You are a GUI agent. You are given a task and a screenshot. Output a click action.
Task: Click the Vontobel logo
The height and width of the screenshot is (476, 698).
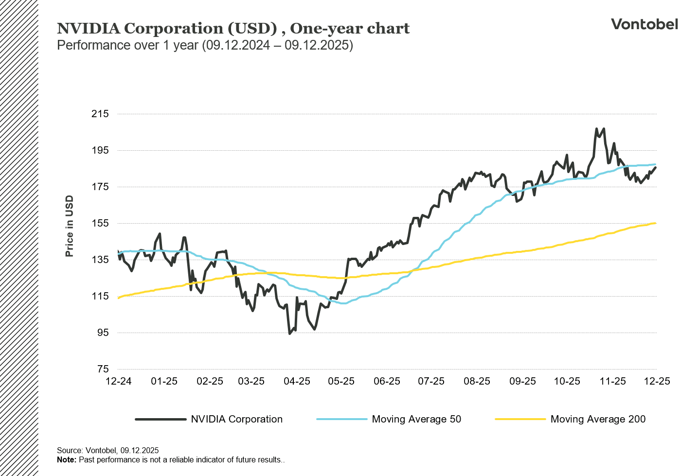click(x=644, y=24)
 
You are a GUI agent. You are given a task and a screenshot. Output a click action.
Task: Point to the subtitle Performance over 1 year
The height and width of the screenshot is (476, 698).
click(x=205, y=45)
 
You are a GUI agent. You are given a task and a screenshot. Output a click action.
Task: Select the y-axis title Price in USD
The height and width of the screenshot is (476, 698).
click(x=69, y=226)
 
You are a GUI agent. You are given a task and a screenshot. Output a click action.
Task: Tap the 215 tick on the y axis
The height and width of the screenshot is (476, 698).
click(x=100, y=114)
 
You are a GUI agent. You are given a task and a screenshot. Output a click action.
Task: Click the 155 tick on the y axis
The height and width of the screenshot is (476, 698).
click(x=100, y=223)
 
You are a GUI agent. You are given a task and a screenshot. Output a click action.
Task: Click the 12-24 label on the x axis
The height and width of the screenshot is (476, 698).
click(x=119, y=381)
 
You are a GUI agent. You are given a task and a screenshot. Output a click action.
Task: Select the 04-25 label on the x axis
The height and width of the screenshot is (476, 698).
click(x=297, y=381)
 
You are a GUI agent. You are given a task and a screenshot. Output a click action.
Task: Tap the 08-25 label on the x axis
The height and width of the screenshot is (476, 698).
click(x=477, y=381)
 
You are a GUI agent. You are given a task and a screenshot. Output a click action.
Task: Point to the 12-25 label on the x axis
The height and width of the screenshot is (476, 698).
click(x=657, y=381)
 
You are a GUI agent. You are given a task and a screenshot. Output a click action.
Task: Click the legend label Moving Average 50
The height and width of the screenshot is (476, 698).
click(x=416, y=419)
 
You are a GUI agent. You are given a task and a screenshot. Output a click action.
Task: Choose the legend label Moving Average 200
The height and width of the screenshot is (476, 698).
click(x=598, y=419)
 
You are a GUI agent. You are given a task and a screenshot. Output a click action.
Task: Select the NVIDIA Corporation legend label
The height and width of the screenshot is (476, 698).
click(x=236, y=419)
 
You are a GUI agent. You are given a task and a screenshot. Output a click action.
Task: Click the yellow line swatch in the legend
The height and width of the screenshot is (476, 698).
click(x=520, y=419)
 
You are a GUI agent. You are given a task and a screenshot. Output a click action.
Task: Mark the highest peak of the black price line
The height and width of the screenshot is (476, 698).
click(x=596, y=129)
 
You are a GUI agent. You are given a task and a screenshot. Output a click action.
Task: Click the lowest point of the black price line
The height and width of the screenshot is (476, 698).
click(x=290, y=334)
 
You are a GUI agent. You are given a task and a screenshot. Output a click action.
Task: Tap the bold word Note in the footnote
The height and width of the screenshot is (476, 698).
click(x=66, y=460)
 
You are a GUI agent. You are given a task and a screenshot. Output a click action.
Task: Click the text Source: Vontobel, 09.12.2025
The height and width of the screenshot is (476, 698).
click(x=108, y=450)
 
